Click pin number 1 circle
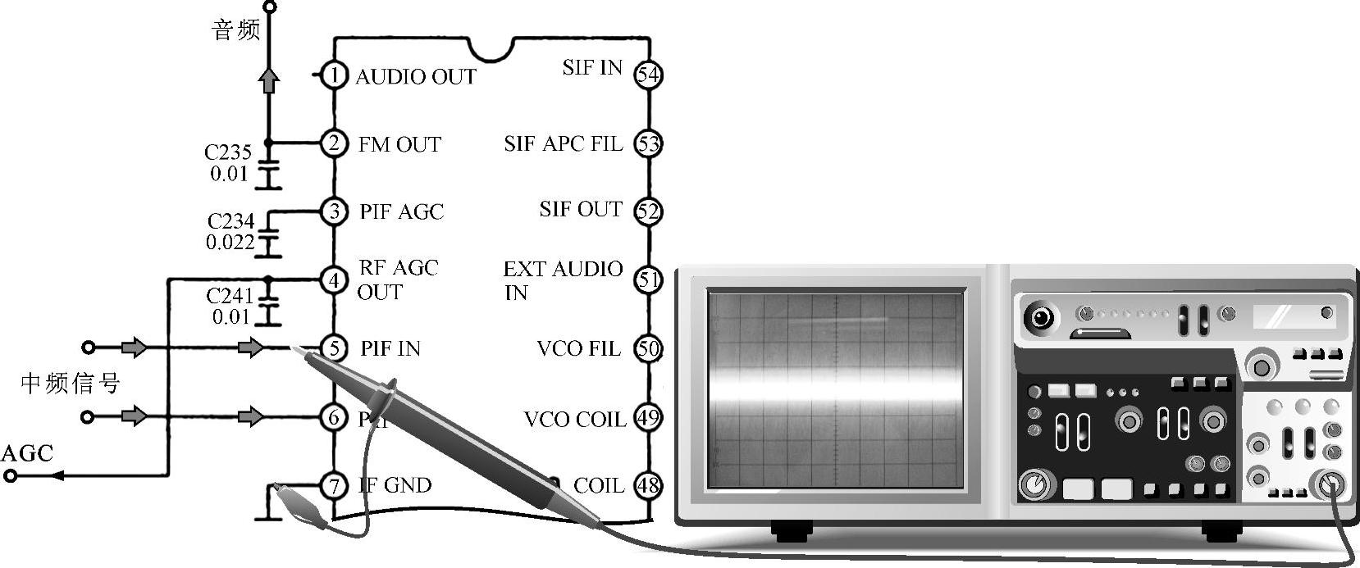tap(333, 76)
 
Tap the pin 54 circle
tap(648, 75)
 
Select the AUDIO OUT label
tap(415, 77)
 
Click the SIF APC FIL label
tap(563, 144)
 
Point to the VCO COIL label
tap(574, 420)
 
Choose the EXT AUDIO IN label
tap(563, 280)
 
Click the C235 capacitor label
tap(228, 152)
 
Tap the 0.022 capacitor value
tap(230, 243)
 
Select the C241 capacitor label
tap(230, 295)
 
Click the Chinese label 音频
tap(236, 31)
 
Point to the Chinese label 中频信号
tap(71, 383)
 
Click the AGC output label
tap(27, 453)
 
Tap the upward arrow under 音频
tap(269, 80)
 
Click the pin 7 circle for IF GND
tap(333, 485)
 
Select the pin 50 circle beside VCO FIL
tap(648, 348)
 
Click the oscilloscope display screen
tap(836, 389)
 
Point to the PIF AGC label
tap(401, 212)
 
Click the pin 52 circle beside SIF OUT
tap(648, 211)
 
